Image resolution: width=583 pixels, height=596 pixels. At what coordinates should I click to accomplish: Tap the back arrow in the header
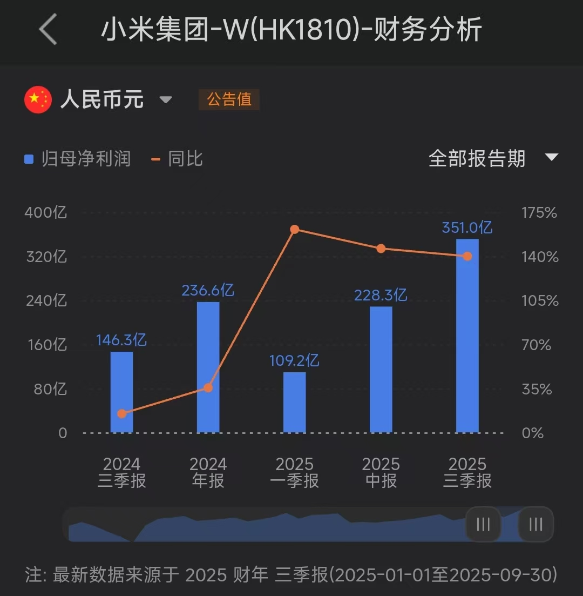click(49, 29)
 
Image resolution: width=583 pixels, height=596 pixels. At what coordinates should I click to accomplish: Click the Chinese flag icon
click(38, 99)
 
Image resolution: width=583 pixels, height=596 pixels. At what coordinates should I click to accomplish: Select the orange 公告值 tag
click(229, 99)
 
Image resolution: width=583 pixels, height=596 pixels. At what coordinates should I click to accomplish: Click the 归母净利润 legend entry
click(78, 159)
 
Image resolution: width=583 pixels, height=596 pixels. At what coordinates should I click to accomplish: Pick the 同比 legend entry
click(178, 159)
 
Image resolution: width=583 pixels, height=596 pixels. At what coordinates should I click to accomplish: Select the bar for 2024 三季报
click(121, 392)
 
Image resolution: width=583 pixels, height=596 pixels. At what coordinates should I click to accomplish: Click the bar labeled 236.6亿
click(208, 367)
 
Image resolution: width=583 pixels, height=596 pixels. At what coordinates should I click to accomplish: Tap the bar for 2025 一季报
click(295, 403)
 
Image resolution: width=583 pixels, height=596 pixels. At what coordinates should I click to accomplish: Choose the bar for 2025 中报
click(381, 370)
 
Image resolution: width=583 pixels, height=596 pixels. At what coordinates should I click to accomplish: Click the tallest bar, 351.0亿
click(467, 336)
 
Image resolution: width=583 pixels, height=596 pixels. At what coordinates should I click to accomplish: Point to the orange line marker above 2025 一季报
click(295, 230)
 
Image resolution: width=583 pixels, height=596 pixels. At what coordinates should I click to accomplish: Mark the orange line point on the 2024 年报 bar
click(208, 388)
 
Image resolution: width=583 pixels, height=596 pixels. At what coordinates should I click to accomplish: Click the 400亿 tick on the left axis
click(45, 212)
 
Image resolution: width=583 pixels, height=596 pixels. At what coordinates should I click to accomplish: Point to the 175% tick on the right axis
click(539, 212)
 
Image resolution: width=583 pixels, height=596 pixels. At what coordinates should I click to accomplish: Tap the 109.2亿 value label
click(295, 360)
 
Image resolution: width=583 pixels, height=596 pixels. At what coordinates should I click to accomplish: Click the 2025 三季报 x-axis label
click(467, 472)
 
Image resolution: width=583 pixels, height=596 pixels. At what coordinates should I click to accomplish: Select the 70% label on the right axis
click(537, 345)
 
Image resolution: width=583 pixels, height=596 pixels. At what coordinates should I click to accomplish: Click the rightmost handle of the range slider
click(535, 524)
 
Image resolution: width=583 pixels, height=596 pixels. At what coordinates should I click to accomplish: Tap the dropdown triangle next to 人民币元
click(166, 100)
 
